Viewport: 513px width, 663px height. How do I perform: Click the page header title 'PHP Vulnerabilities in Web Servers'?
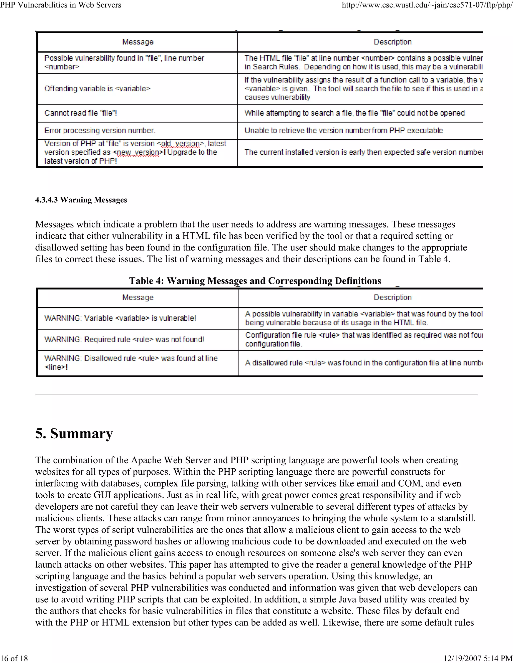61,5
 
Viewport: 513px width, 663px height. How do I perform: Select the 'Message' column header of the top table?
138,42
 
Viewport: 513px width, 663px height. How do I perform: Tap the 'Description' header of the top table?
392,42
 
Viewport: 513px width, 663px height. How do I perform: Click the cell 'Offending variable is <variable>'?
97,89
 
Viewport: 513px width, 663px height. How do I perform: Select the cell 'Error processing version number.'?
100,131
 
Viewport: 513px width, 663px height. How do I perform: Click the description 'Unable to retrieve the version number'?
343,131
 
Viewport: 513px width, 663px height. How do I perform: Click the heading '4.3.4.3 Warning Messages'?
81,200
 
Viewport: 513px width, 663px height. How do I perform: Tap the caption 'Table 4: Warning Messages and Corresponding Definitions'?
255,280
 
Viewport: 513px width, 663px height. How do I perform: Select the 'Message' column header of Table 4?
138,297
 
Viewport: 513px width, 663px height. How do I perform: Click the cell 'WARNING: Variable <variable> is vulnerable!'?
120,318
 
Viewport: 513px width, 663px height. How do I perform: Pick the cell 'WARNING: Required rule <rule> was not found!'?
124,340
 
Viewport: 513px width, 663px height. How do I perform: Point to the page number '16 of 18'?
14,658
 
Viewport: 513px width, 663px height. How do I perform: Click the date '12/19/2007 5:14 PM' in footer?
478,658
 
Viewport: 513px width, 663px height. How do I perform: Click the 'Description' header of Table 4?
392,297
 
